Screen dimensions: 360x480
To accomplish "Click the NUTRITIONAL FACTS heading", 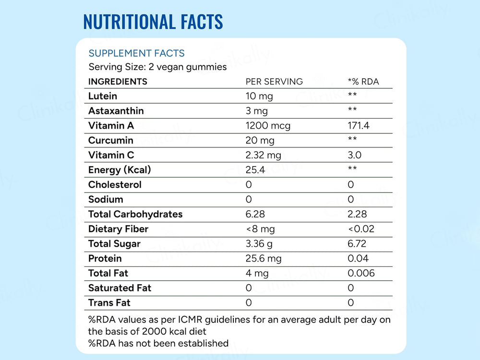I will tap(153, 22).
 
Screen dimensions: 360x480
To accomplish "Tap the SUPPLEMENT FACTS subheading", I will tap(136, 53).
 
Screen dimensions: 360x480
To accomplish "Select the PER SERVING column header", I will tap(274, 82).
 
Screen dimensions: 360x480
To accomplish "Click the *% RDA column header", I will tap(363, 82).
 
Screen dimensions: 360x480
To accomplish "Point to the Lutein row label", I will tap(102, 96).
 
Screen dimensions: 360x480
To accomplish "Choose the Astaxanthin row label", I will tap(116, 111).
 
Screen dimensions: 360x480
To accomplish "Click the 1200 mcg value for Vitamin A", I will tap(268, 126).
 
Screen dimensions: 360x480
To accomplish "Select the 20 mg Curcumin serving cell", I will tap(260, 141).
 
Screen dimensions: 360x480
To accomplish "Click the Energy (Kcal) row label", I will tap(120, 170).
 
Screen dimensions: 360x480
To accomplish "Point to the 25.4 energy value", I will tap(255, 170).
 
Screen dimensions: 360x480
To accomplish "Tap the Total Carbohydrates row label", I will tap(135, 214).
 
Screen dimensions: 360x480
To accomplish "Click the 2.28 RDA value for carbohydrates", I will tap(358, 214).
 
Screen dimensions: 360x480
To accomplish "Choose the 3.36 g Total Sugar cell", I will tap(259, 244).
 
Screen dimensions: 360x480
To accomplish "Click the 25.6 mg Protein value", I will tap(264, 259).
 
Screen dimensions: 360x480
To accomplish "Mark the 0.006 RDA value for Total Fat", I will tap(361, 273).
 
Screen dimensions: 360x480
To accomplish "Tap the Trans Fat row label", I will tap(109, 303).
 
